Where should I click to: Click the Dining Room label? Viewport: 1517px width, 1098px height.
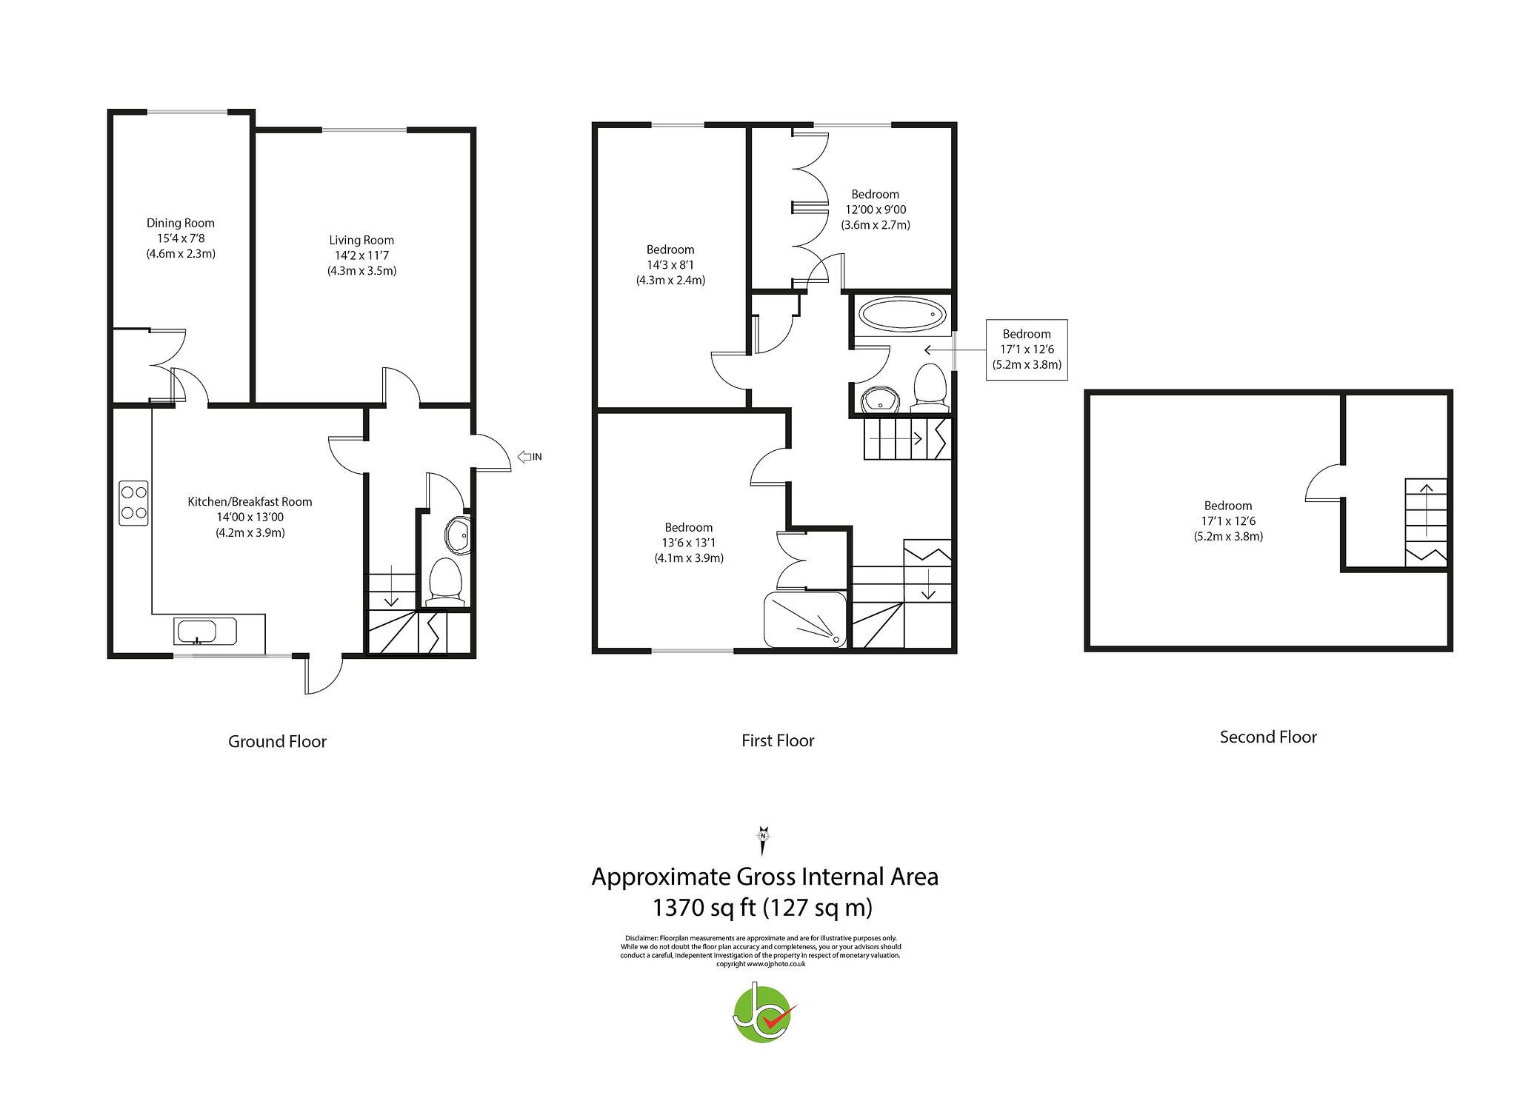(x=181, y=223)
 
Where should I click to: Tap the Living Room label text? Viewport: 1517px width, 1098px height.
(x=361, y=240)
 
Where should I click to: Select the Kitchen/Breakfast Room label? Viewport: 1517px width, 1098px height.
(x=250, y=502)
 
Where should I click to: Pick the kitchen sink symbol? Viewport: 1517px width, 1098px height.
(x=196, y=632)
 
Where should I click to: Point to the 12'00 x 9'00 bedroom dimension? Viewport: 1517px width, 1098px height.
(x=875, y=210)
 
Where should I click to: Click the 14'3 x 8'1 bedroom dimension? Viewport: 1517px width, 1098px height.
(x=670, y=265)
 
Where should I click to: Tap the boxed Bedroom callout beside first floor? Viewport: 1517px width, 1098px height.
(x=1026, y=349)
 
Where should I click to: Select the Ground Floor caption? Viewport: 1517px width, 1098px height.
(x=277, y=741)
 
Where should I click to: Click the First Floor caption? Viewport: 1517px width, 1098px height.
(x=778, y=740)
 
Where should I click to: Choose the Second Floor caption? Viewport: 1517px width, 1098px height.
(x=1268, y=737)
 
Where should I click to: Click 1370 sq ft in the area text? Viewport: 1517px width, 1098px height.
(x=701, y=907)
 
